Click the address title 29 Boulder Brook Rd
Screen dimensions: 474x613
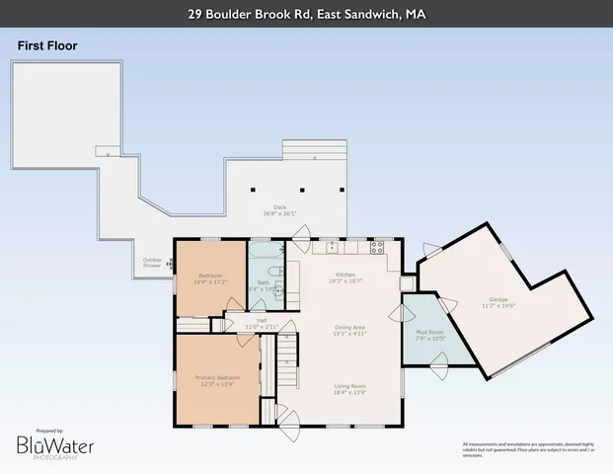[306, 14]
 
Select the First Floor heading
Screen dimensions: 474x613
[46, 45]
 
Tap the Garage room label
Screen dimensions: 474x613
[498, 302]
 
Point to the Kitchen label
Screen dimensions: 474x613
[345, 276]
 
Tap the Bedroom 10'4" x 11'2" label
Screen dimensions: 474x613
[212, 278]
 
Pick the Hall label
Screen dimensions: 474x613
[263, 322]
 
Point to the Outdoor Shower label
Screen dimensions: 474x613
[152, 264]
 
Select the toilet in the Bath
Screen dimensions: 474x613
[279, 290]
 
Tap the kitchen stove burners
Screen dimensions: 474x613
[376, 246]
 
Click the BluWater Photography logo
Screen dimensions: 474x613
[54, 447]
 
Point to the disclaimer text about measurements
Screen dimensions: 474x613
[529, 448]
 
